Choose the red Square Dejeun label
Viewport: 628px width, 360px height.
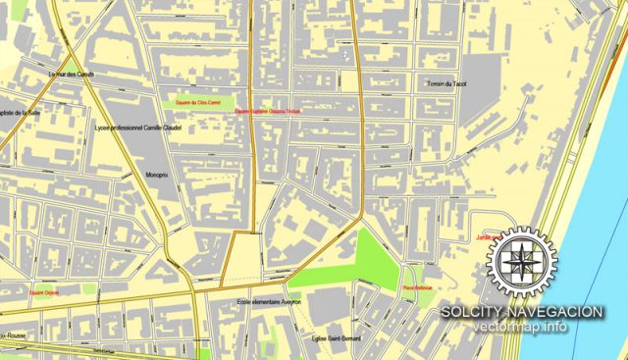coord(43,292)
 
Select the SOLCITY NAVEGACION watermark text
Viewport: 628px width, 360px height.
coord(520,312)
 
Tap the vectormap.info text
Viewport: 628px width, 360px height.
coord(520,328)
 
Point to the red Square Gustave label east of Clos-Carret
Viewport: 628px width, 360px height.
coord(267,112)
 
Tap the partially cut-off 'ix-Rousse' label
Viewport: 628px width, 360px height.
coord(15,336)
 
